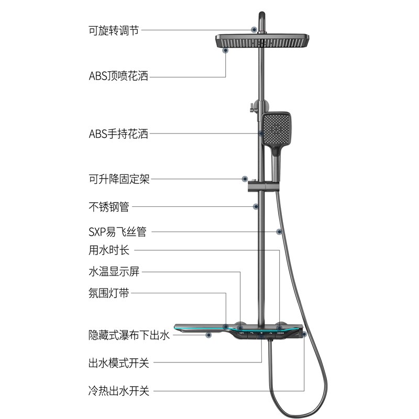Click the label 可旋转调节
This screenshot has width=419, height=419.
(x=114, y=30)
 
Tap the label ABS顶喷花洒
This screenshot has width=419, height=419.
(x=118, y=76)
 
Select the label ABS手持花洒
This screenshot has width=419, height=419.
(x=118, y=134)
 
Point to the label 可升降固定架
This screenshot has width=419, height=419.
(x=119, y=179)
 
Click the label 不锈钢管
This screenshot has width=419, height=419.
(x=108, y=207)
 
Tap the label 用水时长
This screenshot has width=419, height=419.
(x=108, y=250)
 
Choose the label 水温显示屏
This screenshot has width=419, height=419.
(x=114, y=272)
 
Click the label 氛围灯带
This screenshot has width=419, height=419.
(x=108, y=293)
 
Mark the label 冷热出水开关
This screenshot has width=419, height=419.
(x=119, y=391)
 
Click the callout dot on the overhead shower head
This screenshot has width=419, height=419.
(x=226, y=51)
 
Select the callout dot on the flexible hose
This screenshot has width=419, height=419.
(x=279, y=231)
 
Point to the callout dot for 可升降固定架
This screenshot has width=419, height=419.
(x=244, y=179)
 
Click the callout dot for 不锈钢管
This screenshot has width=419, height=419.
(x=256, y=206)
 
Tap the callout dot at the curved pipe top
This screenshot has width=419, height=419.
(x=254, y=30)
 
